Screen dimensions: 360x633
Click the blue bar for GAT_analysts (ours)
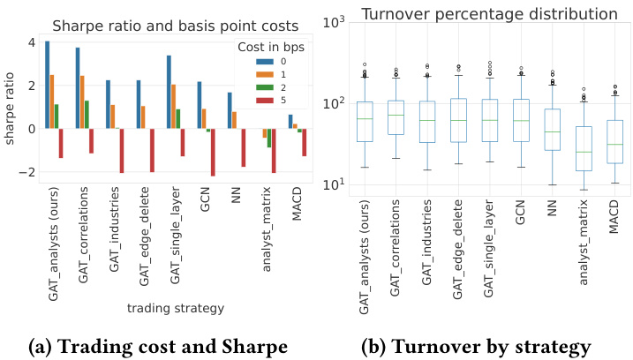click(x=47, y=85)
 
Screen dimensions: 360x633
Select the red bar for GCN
click(x=213, y=152)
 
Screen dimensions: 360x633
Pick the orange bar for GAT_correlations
click(x=83, y=102)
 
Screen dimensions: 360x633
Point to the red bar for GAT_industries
click(x=121, y=150)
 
